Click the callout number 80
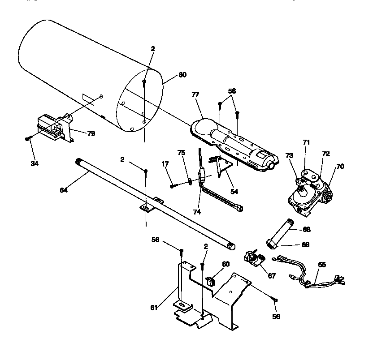pos(182,75)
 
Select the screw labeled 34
pos(28,139)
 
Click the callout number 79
pos(91,133)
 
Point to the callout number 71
pos(306,142)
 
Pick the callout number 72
pos(326,154)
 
